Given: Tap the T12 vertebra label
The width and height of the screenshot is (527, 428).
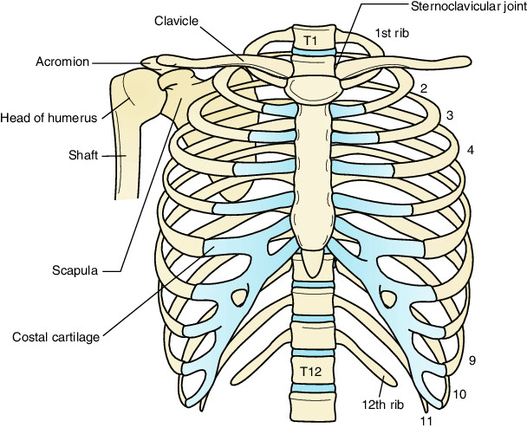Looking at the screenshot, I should tap(310, 371).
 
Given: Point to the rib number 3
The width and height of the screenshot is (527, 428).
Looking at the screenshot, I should tap(449, 114).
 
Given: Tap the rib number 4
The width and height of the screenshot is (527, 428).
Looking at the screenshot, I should tap(470, 150).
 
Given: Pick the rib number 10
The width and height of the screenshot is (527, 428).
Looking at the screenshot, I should tap(459, 394).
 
